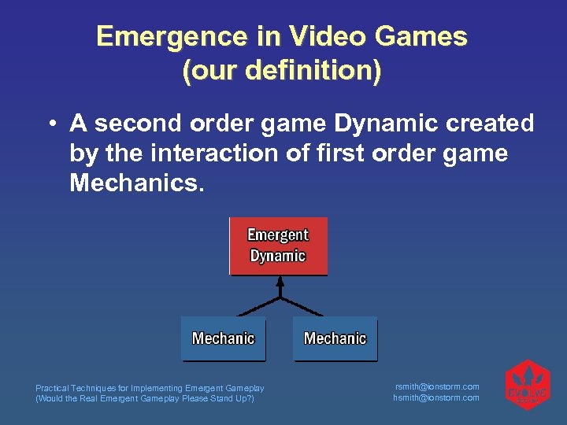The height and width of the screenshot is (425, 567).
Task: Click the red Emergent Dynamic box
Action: coord(278,246)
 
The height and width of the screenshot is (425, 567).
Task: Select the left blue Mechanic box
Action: coord(224,338)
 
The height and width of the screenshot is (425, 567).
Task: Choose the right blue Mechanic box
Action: coord(335,338)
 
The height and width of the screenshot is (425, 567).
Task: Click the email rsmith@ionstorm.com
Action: coord(436,386)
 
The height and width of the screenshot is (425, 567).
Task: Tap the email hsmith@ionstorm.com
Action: coord(436,397)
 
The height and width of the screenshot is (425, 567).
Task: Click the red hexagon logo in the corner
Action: coord(527,386)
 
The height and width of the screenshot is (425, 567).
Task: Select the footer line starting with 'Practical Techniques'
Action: coord(150,388)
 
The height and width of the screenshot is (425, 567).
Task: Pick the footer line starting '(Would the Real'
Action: coord(145,398)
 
